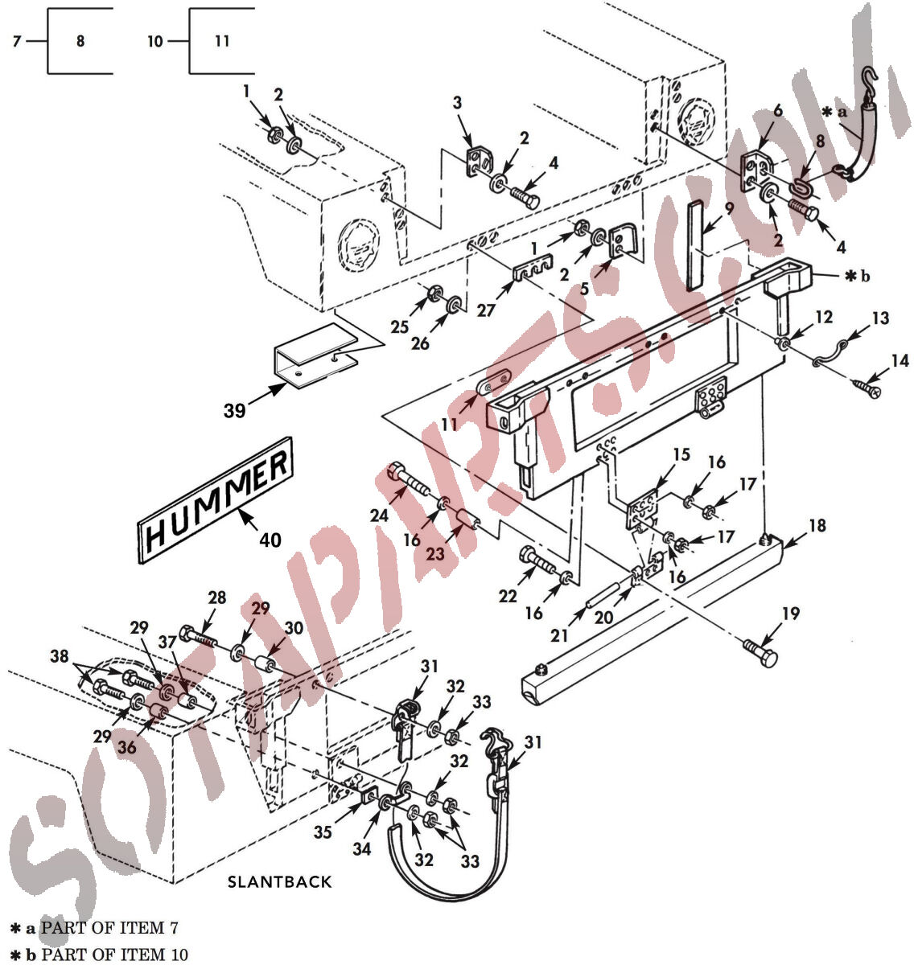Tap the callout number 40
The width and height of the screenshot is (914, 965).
pos(270,540)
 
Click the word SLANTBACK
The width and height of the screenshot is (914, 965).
pos(279,881)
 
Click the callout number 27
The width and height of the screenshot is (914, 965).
pos(485,310)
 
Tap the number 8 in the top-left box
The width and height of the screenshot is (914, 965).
pos(80,41)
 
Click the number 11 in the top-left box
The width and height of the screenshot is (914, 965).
pos(222,41)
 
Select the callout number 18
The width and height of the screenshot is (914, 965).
pos(817,526)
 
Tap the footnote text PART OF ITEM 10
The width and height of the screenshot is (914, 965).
pos(114,955)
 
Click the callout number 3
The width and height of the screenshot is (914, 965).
pos(457,103)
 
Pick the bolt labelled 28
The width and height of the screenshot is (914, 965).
pos(199,637)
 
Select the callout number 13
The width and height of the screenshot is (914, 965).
pos(880,318)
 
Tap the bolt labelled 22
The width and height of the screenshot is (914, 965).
pos(539,560)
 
